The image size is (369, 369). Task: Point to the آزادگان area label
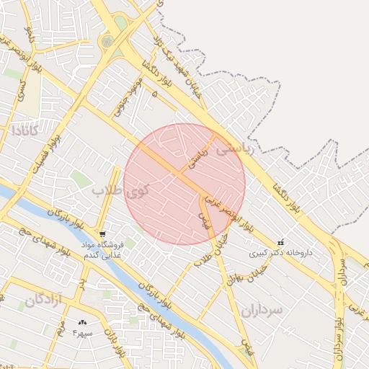43,301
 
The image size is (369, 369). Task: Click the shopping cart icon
103,234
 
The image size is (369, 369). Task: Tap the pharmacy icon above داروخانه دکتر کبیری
280,242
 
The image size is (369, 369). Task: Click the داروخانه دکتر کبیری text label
282,253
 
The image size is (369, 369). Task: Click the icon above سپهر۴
81,322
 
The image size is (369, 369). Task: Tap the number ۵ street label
154,93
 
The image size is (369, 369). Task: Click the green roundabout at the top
107,42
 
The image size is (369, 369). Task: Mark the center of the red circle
184,184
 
